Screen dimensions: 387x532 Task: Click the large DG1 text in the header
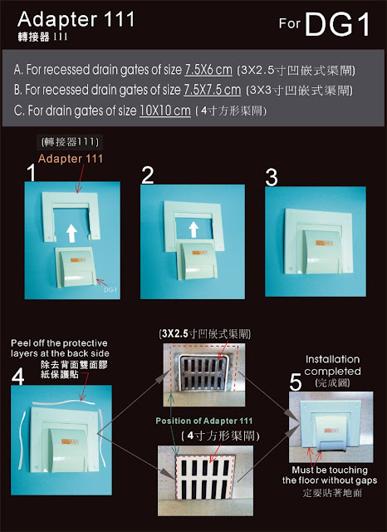click(x=337, y=24)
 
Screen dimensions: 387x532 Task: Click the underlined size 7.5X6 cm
click(x=208, y=70)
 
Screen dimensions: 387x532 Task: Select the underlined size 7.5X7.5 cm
click(x=212, y=90)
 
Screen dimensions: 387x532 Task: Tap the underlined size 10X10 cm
click(x=165, y=111)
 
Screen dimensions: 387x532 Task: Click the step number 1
click(x=32, y=172)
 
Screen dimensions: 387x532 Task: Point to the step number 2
click(x=148, y=175)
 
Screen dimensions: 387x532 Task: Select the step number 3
click(x=272, y=177)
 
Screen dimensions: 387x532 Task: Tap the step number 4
click(x=18, y=377)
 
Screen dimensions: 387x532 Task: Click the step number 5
click(x=296, y=382)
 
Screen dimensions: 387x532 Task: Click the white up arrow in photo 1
click(x=71, y=233)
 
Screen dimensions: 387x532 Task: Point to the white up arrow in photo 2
click(x=193, y=229)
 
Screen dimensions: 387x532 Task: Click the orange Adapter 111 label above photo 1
click(x=71, y=159)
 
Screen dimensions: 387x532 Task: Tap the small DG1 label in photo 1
click(x=110, y=290)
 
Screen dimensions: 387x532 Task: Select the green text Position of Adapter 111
click(x=204, y=421)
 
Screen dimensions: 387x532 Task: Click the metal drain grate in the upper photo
click(x=203, y=372)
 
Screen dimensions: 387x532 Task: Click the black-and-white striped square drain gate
click(x=205, y=477)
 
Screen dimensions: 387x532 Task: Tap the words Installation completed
click(x=332, y=365)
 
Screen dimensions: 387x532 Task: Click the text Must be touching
click(x=330, y=470)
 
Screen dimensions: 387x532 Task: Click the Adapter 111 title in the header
click(x=76, y=19)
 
